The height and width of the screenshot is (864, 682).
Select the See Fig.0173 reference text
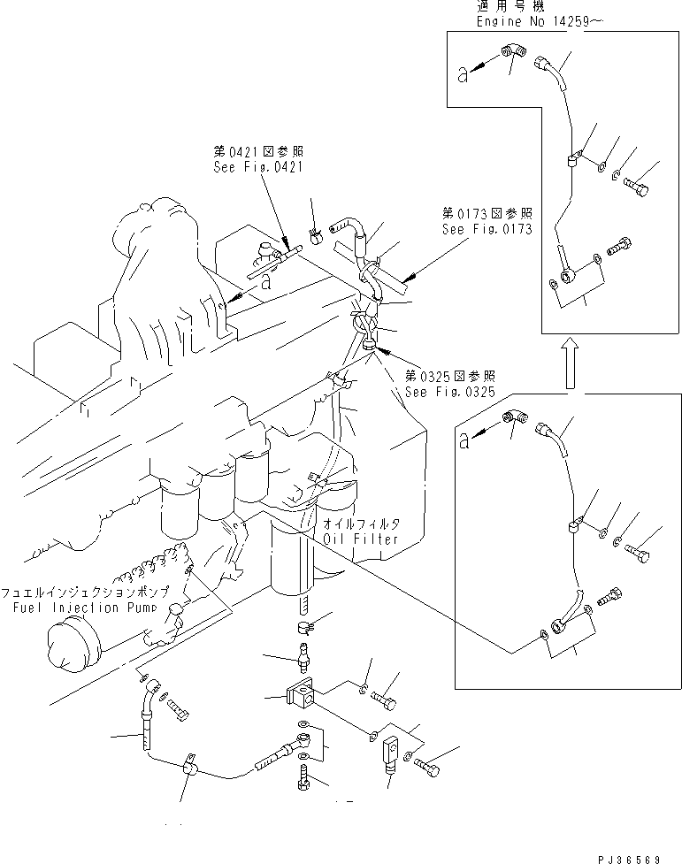(487, 229)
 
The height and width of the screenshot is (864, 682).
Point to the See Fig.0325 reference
(450, 392)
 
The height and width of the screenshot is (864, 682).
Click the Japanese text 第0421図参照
(245, 152)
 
